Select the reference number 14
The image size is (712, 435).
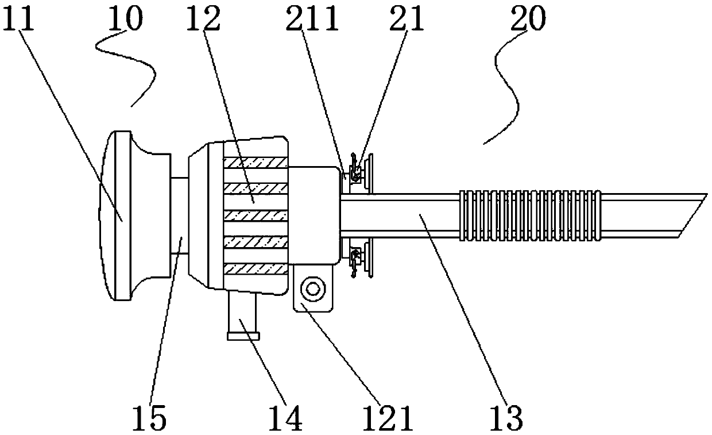285,418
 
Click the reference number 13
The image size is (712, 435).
508,418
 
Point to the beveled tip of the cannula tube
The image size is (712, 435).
689,215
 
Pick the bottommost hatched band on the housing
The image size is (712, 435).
255,268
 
